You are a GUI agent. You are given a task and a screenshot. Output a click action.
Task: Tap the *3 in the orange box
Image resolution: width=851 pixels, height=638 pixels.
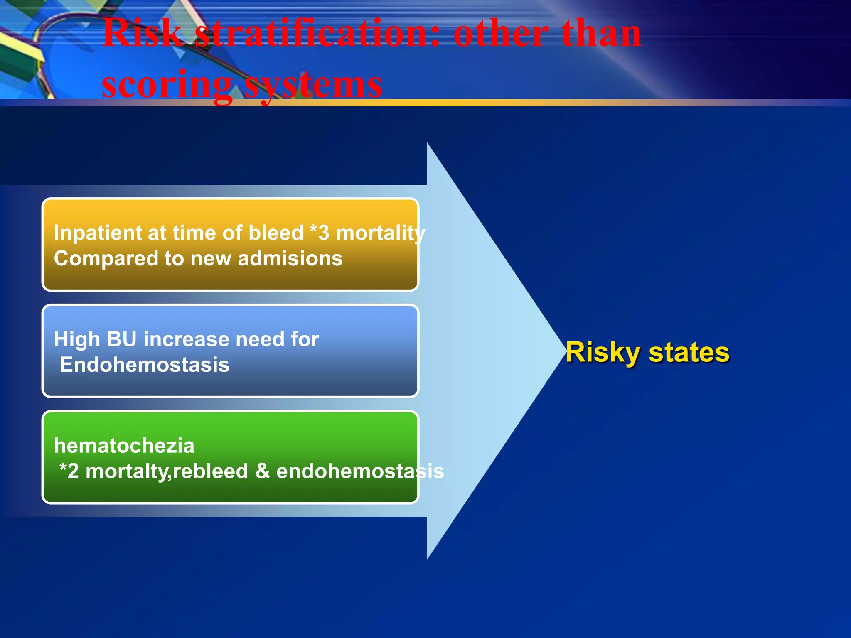(x=320, y=233)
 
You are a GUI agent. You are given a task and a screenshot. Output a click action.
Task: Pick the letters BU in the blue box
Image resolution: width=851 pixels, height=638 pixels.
(x=122, y=339)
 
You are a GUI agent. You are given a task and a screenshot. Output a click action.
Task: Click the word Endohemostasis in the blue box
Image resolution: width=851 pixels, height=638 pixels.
(x=144, y=365)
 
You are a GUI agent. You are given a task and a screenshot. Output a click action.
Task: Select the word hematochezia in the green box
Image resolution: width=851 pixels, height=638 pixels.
(x=124, y=446)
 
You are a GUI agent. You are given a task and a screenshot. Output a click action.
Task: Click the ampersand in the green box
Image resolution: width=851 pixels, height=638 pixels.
(x=262, y=471)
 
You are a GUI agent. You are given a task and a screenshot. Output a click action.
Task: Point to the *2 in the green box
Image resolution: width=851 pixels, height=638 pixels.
(x=69, y=471)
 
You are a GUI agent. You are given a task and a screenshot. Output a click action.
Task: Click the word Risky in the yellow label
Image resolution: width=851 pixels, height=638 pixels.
(x=603, y=353)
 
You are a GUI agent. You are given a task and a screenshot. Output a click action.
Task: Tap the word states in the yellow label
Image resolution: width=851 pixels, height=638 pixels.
(x=689, y=353)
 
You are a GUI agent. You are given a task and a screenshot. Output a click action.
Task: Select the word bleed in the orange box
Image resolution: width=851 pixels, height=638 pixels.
(x=276, y=233)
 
